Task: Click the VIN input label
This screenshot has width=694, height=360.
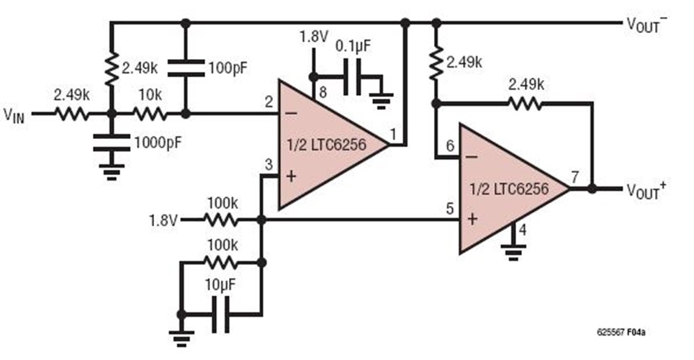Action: (x=14, y=115)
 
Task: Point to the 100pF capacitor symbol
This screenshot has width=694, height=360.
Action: (x=186, y=69)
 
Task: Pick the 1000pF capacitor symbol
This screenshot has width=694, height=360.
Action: (x=111, y=142)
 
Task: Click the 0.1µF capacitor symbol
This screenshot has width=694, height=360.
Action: (x=351, y=74)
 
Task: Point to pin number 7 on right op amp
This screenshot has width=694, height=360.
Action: (x=574, y=177)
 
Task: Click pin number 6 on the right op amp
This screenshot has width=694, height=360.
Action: (x=449, y=145)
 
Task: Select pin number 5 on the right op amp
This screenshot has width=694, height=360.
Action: (x=449, y=210)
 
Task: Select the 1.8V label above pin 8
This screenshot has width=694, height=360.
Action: (x=312, y=37)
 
